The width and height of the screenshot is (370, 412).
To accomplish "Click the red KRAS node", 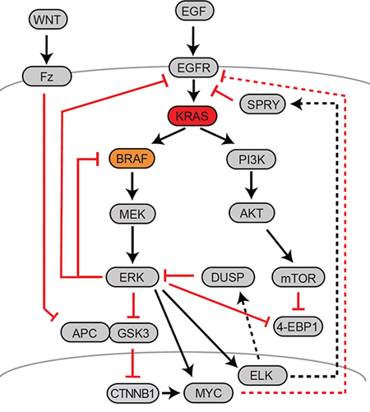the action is [192, 116].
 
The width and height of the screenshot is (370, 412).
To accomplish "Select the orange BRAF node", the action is [132, 159].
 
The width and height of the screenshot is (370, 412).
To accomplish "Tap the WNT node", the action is [48, 20].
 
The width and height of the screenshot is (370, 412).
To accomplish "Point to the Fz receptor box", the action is [47, 76].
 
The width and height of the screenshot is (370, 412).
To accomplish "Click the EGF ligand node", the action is [194, 11].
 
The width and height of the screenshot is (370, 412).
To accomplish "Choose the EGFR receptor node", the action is [193, 67].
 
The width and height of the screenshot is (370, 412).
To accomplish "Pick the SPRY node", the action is [262, 104].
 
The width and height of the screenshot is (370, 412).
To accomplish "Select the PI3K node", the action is [252, 160].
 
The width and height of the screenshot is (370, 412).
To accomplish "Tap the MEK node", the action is [132, 214].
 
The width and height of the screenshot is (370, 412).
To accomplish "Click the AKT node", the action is [252, 213].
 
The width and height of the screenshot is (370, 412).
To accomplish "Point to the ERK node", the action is [132, 277].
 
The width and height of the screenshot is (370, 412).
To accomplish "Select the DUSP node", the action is [228, 277].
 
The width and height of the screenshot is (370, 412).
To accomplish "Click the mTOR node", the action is [298, 277].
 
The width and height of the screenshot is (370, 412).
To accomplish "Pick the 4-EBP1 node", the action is [298, 326].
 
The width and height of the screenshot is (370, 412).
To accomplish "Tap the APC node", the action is [85, 332].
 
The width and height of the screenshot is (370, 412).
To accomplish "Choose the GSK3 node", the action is [133, 333].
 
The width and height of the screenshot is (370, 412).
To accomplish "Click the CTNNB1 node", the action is [132, 393].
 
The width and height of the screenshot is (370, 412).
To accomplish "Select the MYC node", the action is [209, 393].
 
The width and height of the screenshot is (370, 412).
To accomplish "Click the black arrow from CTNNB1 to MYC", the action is [171, 393].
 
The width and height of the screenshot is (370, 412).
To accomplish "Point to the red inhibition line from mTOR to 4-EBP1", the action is [298, 301].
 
